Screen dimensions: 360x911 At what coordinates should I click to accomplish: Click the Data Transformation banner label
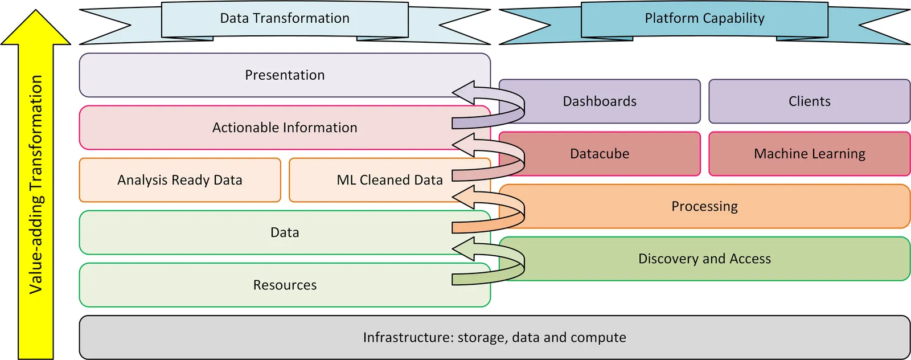click(x=285, y=19)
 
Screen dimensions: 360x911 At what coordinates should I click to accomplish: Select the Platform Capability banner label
click(x=704, y=19)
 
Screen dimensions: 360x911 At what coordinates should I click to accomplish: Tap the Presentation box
click(x=285, y=75)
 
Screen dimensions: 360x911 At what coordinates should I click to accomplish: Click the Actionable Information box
click(x=285, y=128)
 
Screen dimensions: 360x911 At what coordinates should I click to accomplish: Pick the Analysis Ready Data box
click(x=180, y=180)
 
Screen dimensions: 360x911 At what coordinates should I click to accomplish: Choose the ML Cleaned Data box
click(x=389, y=180)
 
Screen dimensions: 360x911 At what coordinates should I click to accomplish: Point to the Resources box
click(x=285, y=285)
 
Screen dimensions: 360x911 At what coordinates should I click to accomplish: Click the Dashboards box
click(x=600, y=101)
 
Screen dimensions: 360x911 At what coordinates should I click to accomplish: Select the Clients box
click(x=809, y=101)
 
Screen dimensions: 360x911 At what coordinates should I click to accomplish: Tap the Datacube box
click(x=600, y=154)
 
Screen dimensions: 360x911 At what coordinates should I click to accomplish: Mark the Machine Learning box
click(x=809, y=154)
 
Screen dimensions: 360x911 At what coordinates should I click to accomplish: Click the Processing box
click(x=704, y=206)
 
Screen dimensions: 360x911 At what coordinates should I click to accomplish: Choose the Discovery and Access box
click(x=704, y=259)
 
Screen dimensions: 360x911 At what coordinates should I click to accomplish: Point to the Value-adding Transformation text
click(x=36, y=184)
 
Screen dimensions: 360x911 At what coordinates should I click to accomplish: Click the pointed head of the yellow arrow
click(x=36, y=26)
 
